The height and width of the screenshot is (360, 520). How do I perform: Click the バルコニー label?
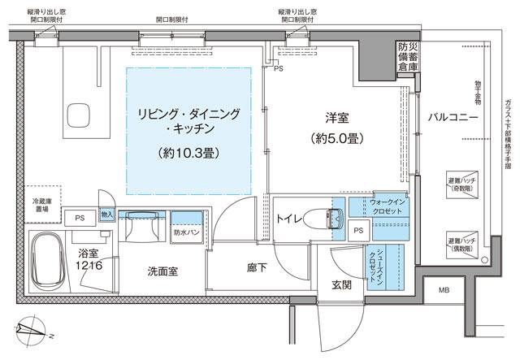[453, 118]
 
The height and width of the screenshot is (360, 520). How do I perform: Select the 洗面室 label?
[163, 271]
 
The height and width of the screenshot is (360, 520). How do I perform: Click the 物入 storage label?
[107, 215]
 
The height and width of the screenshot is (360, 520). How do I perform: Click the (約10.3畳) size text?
[189, 152]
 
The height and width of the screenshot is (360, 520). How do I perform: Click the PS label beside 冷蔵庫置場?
[80, 218]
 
